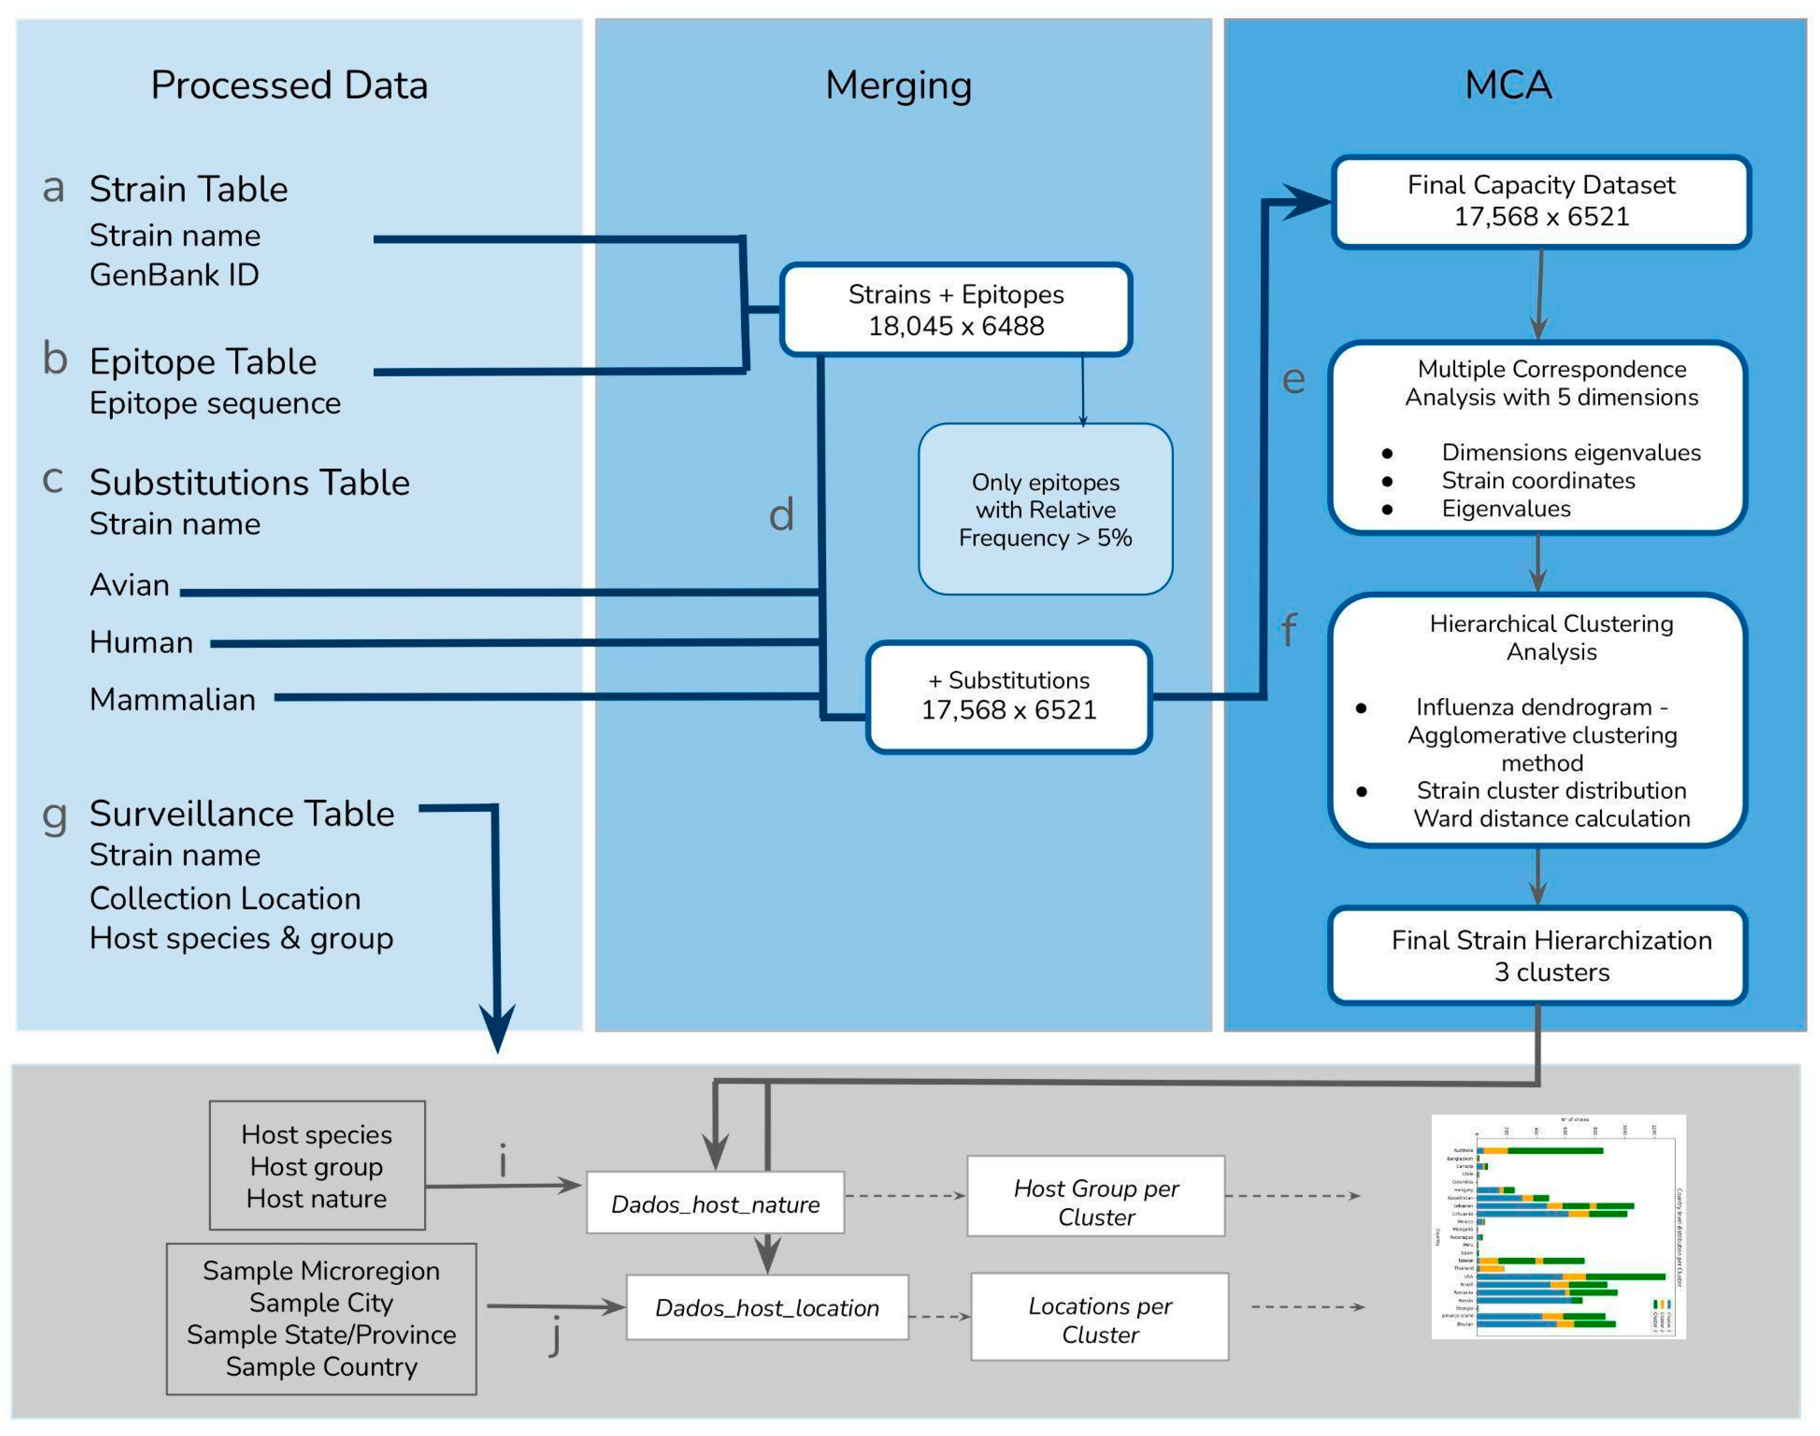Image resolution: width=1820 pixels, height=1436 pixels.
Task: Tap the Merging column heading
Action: [898, 85]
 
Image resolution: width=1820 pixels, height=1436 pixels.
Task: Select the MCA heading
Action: [1508, 85]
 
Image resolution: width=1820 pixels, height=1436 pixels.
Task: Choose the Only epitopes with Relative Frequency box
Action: [1045, 509]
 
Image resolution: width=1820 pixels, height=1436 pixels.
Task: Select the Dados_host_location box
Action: [767, 1307]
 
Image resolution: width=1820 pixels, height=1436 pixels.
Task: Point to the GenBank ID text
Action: [174, 275]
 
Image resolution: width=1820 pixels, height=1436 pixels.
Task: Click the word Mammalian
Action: [173, 699]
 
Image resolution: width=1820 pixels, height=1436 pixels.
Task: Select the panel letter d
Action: [781, 515]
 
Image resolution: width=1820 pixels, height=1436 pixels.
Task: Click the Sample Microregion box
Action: [321, 1318]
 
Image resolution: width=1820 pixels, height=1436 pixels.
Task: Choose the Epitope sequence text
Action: [215, 404]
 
